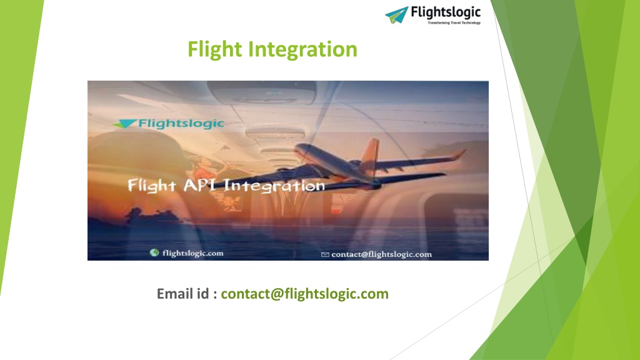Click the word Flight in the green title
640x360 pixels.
[215, 50]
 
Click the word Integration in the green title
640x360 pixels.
[303, 49]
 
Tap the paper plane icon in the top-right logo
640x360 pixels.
[397, 15]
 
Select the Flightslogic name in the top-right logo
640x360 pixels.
[446, 12]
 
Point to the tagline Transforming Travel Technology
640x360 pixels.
[454, 23]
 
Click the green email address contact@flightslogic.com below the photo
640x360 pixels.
[304, 294]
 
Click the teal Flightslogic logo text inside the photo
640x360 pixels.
[181, 123]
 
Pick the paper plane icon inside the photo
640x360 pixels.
[124, 124]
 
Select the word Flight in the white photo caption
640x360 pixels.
[152, 186]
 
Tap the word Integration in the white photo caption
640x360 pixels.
[274, 186]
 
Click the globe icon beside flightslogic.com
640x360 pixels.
[154, 252]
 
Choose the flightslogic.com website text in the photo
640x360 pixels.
[192, 254]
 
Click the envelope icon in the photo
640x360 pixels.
[325, 255]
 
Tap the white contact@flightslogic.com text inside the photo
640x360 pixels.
[382, 254]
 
